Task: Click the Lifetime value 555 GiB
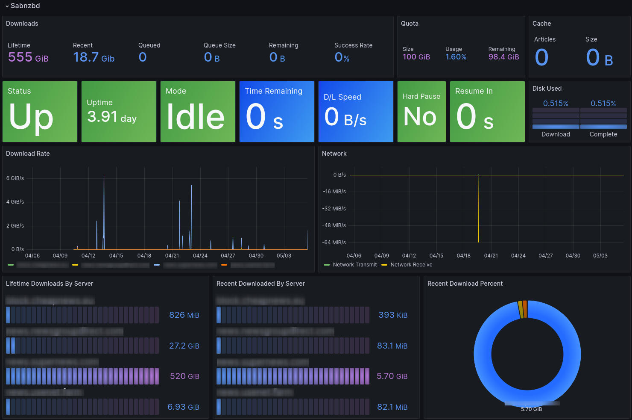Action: tap(28, 57)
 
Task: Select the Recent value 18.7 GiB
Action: tap(94, 57)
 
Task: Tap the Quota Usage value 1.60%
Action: tap(456, 57)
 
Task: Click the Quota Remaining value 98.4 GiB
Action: tap(503, 57)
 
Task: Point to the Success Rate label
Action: tap(353, 45)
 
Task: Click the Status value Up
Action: tap(31, 116)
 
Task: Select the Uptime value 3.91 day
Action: tap(112, 117)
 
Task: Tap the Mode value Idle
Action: tap(195, 116)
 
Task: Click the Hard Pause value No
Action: tap(420, 116)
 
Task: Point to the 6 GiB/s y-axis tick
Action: tap(15, 178)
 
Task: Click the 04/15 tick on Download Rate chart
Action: tap(116, 256)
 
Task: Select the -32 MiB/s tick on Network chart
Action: tap(334, 209)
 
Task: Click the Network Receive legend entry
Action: tap(411, 265)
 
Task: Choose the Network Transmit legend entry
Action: tap(354, 265)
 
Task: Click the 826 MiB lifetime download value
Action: tap(184, 315)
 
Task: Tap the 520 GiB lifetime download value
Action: tap(184, 376)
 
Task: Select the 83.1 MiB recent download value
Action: tap(392, 346)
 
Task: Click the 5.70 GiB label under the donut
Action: tap(531, 409)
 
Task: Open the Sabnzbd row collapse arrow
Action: tap(7, 6)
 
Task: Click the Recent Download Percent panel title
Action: tap(465, 284)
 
